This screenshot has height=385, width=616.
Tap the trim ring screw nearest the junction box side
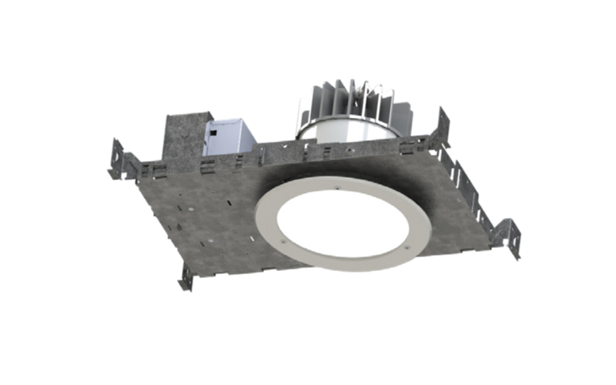pyautogui.click(x=286, y=239)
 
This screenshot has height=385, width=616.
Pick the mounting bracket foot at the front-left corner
pyautogui.click(x=186, y=277)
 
